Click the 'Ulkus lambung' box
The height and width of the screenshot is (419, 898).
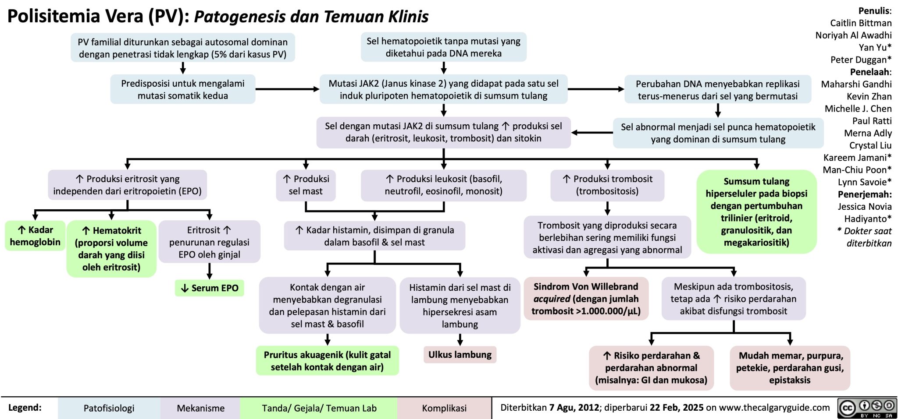coord(460,355)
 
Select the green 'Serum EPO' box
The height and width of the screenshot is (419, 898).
coord(210,288)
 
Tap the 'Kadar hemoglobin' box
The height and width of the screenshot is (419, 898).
coord(35,236)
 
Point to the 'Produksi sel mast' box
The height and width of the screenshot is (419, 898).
coord(306,185)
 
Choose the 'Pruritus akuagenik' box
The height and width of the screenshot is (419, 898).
coord(327,361)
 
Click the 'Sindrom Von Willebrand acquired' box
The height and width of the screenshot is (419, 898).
coord(586,299)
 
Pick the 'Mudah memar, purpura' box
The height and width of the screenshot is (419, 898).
coord(790,368)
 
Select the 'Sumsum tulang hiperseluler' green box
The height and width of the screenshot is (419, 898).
coord(756,212)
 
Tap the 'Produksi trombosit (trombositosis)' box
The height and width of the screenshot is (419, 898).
coord(607,185)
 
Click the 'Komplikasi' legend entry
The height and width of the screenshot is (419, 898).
coord(444,408)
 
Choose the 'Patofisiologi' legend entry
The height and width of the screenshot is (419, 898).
coord(109,408)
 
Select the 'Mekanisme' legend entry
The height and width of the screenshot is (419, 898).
coord(200,408)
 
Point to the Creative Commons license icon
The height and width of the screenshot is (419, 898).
coord(866,408)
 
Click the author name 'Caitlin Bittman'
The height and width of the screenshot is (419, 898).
coord(861,23)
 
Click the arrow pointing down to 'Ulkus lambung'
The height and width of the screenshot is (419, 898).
coord(460,340)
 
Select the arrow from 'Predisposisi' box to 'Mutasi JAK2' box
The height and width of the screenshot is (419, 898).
coord(287,89)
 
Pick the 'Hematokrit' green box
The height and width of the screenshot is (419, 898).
coord(111,249)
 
